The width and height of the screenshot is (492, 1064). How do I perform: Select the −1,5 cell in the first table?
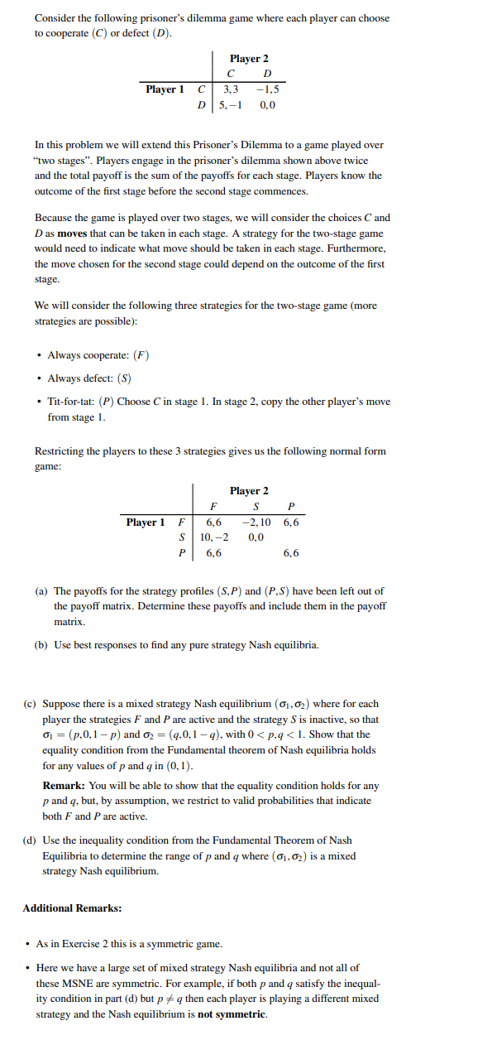click(269, 89)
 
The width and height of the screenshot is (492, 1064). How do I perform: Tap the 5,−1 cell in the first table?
click(229, 105)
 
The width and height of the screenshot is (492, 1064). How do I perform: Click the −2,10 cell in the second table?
click(257, 522)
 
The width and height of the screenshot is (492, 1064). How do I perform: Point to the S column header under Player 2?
click(256, 507)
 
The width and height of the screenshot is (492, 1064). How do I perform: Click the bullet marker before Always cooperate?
click(40, 356)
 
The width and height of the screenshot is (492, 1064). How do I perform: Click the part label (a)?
click(41, 591)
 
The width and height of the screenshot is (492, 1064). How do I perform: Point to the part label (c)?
click(30, 704)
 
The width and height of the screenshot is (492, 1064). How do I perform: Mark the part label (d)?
click(30, 840)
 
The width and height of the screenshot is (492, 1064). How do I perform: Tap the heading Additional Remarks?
click(72, 908)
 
